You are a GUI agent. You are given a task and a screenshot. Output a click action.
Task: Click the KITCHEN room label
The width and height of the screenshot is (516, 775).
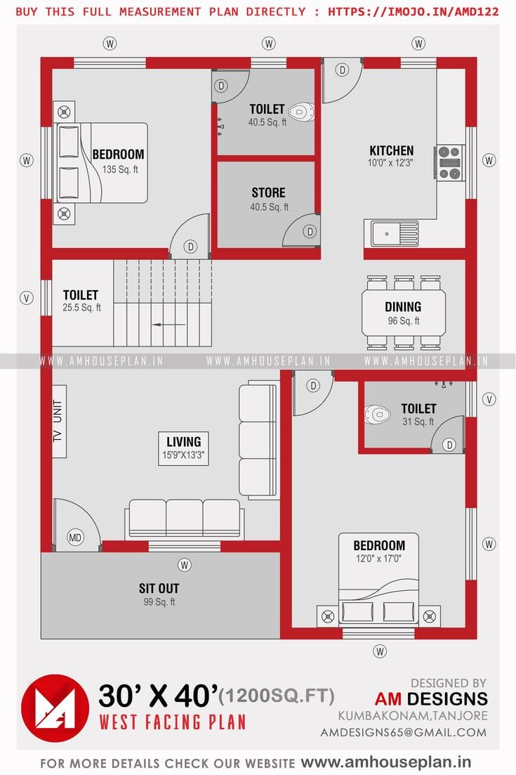tap(391, 150)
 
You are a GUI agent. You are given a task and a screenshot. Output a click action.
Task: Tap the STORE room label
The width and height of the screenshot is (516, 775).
tap(268, 193)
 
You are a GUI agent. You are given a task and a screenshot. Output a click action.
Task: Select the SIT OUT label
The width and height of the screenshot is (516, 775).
tap(159, 588)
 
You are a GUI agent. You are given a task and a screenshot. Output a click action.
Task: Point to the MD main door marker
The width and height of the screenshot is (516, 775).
tap(75, 538)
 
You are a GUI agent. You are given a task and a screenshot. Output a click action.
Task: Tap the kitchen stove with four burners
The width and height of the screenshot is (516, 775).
tap(450, 163)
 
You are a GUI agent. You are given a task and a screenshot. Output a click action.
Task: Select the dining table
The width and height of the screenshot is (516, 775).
tap(403, 313)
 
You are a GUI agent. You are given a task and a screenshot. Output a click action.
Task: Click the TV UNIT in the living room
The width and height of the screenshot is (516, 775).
tap(58, 422)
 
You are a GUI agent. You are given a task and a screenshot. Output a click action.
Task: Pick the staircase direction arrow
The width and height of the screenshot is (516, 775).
tap(168, 325)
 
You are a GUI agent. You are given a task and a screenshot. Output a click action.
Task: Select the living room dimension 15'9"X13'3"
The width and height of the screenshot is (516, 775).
tap(184, 455)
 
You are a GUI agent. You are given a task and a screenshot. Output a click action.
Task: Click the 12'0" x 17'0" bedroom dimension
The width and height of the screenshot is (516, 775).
tap(379, 559)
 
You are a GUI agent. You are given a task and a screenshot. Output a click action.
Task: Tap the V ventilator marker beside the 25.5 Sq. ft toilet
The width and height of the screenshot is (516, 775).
tap(27, 298)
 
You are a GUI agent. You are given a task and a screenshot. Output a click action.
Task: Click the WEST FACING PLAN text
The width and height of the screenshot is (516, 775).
tap(172, 722)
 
